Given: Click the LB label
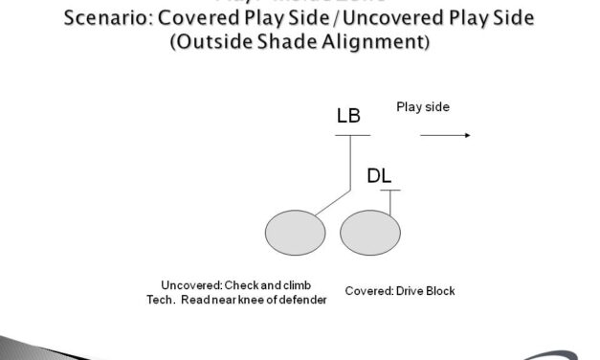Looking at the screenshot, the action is coord(349,117).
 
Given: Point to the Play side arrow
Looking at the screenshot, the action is coord(445,135).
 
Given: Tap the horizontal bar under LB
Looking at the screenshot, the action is coord(352,134).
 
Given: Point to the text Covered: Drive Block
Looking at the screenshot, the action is coord(399,290).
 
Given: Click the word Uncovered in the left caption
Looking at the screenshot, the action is coord(189,284).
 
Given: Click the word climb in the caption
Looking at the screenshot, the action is coord(297,284).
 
